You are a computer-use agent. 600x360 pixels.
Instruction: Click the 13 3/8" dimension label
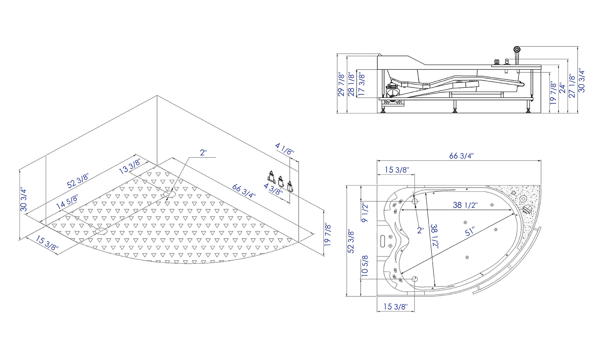[130, 166]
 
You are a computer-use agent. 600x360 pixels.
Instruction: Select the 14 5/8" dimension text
[67, 202]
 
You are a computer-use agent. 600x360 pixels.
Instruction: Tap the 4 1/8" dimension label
[285, 148]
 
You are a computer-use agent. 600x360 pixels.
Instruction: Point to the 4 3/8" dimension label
[273, 189]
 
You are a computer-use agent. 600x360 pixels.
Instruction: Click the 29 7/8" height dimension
[341, 84]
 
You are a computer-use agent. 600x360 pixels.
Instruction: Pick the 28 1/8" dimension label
[351, 84]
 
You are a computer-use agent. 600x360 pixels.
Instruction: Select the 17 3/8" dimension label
[361, 85]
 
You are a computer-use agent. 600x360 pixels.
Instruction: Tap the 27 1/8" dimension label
[572, 86]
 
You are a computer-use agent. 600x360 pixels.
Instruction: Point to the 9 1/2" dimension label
[365, 212]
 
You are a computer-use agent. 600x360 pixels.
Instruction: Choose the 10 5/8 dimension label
[365, 266]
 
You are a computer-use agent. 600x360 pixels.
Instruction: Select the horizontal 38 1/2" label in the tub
[465, 205]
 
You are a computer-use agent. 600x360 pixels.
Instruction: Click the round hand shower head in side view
[517, 49]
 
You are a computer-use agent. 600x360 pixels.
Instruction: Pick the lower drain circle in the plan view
[415, 279]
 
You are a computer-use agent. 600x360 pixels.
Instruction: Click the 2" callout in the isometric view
[203, 152]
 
